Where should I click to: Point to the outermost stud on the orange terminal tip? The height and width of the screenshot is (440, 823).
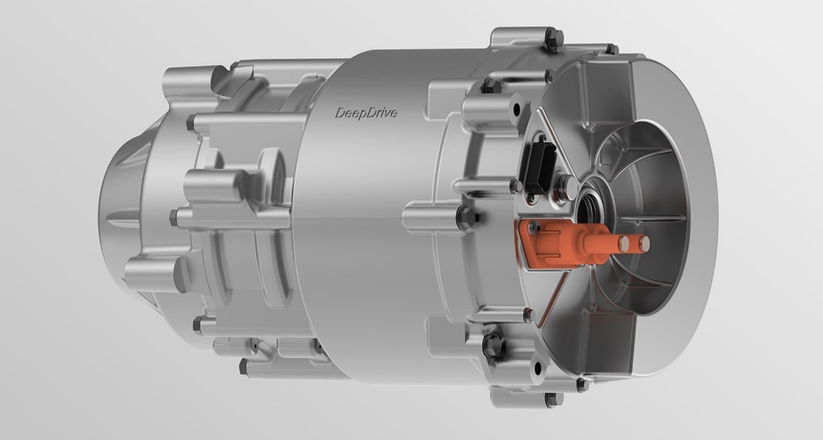pyautogui.click(x=643, y=244)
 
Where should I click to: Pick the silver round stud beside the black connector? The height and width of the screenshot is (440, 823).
pyautogui.click(x=565, y=185)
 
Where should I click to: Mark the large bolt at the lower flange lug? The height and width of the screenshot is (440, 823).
pyautogui.click(x=492, y=344)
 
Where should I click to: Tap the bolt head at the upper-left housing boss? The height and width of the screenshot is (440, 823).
pyautogui.click(x=191, y=123)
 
